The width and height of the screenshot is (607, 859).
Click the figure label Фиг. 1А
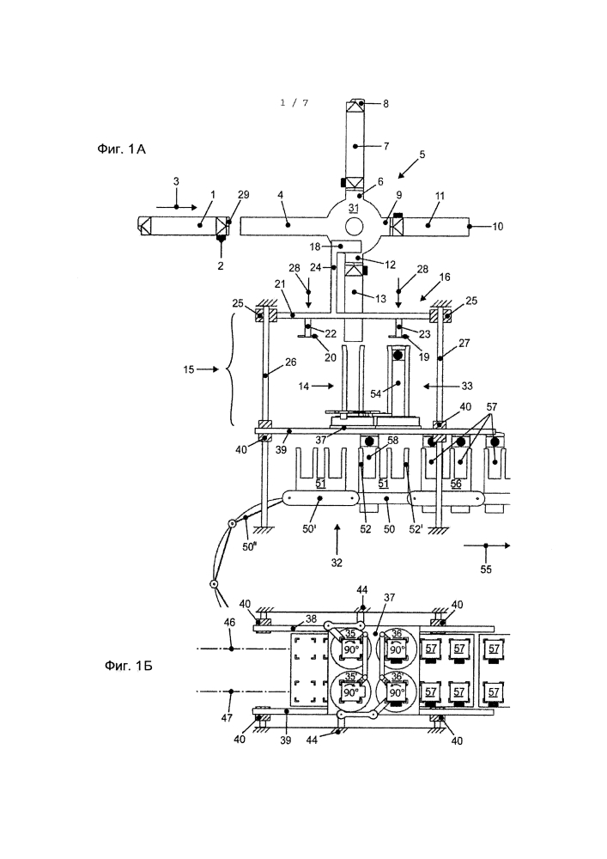tap(121, 149)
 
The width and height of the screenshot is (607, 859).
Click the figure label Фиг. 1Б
tap(128, 666)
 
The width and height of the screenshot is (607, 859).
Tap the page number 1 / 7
tap(294, 102)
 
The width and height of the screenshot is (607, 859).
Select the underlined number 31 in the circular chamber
tap(353, 208)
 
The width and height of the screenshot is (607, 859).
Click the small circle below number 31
tap(353, 225)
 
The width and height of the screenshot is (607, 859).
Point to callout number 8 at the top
tap(385, 104)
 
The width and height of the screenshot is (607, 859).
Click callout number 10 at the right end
tap(497, 226)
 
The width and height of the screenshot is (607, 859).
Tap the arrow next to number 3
tap(176, 207)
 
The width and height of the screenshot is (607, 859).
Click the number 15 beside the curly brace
tap(189, 369)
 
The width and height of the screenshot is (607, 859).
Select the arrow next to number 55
tap(486, 545)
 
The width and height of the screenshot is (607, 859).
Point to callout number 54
tap(375, 394)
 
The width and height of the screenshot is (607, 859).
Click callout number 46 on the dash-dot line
tap(230, 622)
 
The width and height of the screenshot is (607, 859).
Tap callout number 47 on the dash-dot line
tap(227, 717)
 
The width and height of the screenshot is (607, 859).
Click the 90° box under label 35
tap(349, 649)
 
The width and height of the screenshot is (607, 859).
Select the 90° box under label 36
tap(397, 649)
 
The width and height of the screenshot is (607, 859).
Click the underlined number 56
tap(456, 484)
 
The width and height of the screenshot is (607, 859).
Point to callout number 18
tap(315, 247)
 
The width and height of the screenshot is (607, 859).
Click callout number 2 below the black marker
tap(222, 265)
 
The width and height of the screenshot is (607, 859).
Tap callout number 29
tap(244, 194)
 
